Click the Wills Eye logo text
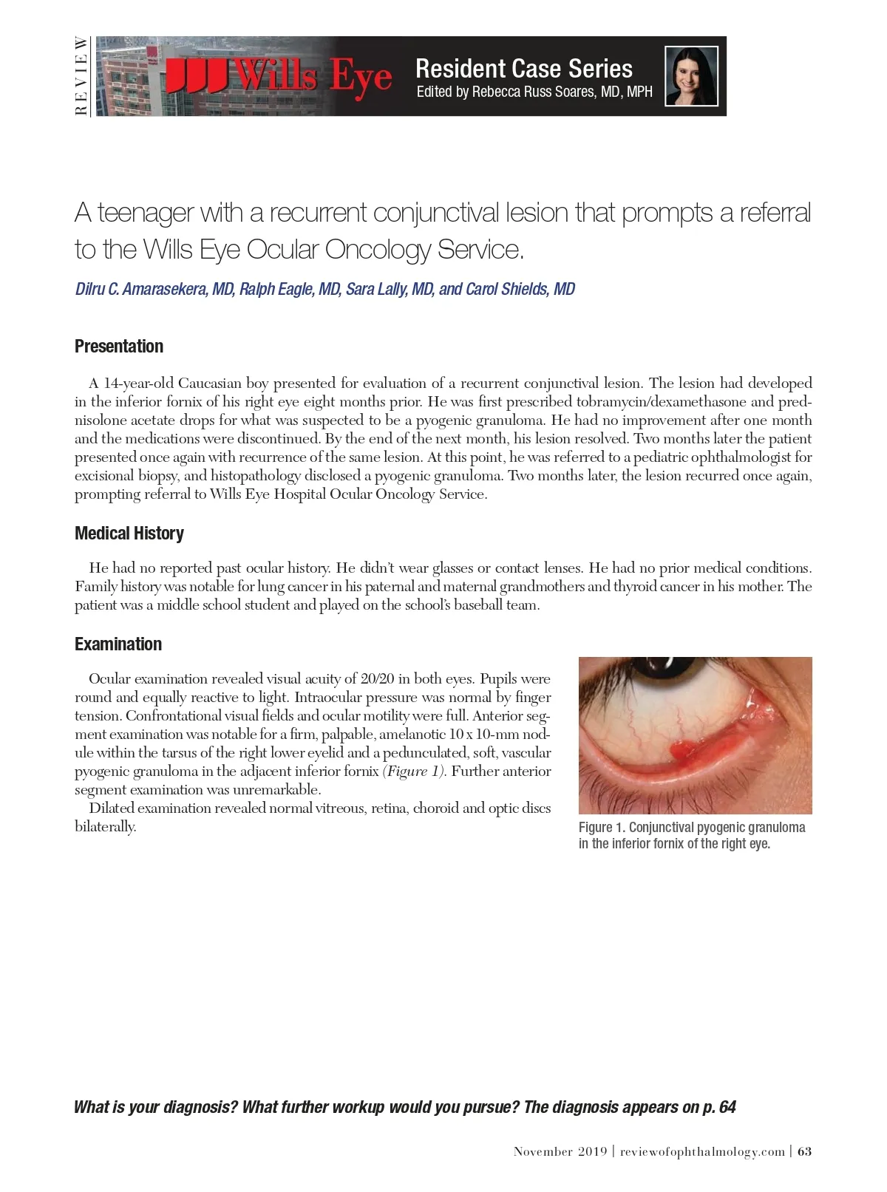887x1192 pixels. tap(279, 77)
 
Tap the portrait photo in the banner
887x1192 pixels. tap(691, 76)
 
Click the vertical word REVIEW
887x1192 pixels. tap(81, 76)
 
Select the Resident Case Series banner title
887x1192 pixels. tap(523, 69)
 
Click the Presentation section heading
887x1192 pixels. tap(119, 347)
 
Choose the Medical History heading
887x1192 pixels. tap(129, 534)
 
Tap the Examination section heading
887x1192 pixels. tap(118, 644)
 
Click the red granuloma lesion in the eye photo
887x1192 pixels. tap(683, 752)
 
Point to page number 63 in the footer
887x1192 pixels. tap(804, 1151)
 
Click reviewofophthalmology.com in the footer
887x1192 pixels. tap(702, 1151)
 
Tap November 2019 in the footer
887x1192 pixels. tap(560, 1151)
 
